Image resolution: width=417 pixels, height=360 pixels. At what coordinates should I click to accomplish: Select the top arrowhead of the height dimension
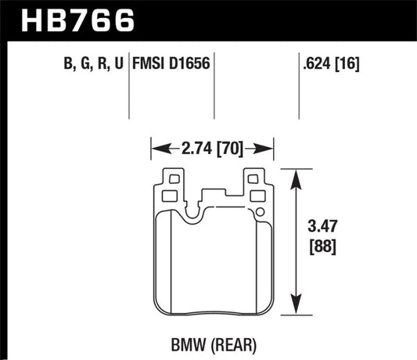click(x=296, y=176)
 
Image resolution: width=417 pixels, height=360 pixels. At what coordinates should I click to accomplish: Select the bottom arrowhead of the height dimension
click(x=296, y=308)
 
